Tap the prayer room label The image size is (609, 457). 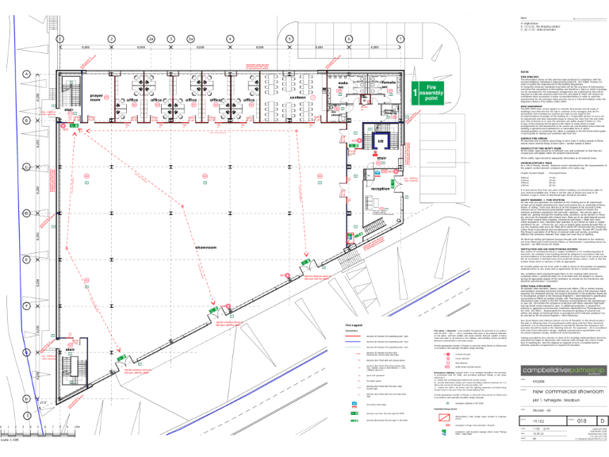point(97,98)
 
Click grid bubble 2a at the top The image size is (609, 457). point(150,37)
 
